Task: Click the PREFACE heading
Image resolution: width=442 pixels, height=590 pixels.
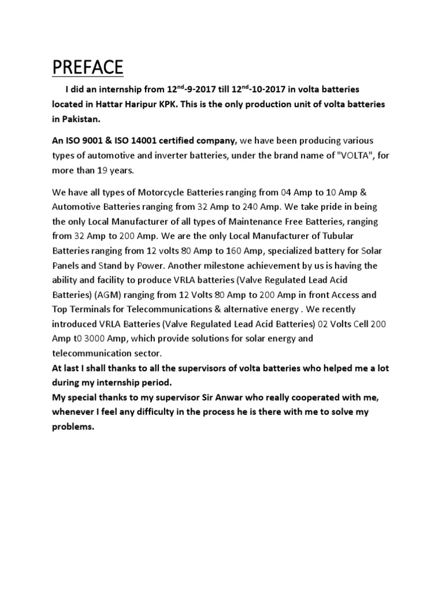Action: (87, 67)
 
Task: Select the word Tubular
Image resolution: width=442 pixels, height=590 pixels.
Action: (354, 236)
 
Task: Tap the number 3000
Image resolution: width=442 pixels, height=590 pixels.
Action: (110, 338)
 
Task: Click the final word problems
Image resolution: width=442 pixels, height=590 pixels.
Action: (73, 426)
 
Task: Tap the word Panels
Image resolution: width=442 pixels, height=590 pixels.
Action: (68, 265)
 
